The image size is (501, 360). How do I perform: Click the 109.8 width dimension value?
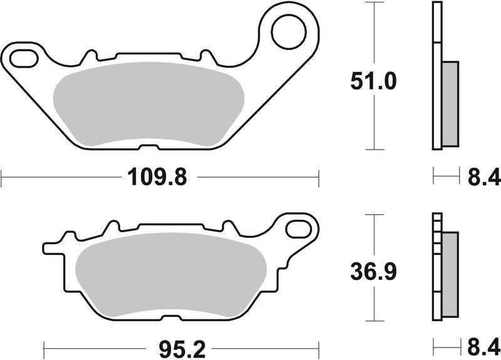pos(158,178)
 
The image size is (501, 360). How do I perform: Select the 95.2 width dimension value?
pos(178,346)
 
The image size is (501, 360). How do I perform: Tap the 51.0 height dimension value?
pos(373,81)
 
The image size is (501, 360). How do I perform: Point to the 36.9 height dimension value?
pos(373,272)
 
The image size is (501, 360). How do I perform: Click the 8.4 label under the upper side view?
pos(484,178)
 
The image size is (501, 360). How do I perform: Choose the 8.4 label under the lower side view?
pos(484,346)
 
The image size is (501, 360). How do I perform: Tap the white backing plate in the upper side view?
pos(436,75)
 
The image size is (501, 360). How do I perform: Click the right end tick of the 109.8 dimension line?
pos(319,178)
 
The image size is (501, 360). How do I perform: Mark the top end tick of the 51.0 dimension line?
pos(374,3)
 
